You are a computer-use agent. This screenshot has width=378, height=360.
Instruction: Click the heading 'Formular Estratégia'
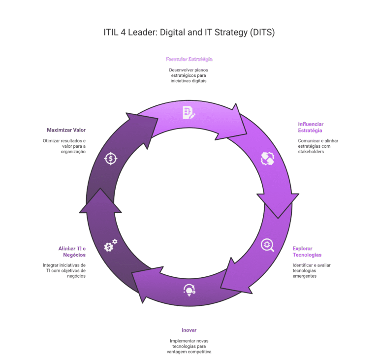pos(189,59)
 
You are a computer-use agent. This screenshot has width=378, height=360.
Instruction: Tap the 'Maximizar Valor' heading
pos(66,130)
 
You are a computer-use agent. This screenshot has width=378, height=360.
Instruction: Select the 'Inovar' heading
pos(189,330)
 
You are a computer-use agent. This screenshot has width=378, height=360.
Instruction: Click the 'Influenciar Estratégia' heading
pos(311,127)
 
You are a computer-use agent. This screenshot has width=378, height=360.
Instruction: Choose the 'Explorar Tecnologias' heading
pos(307,252)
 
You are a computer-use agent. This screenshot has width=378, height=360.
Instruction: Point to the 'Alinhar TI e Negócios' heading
pos(72,252)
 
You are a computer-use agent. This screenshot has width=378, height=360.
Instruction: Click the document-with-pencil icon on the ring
pos(189,112)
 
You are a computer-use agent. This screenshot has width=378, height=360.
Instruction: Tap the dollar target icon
pos(111,159)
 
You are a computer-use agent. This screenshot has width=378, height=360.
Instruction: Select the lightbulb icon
pos(189,290)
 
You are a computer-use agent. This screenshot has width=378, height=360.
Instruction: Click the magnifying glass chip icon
pos(267,245)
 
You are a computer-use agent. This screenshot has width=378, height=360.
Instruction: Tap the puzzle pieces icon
pos(267,159)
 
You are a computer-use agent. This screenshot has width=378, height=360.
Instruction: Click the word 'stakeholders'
pos(311,152)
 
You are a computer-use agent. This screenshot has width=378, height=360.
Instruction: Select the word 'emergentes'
pos(305,276)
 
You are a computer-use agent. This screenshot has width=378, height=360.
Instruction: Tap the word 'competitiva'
pos(199,352)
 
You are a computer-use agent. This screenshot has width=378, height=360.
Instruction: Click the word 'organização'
pos(73,152)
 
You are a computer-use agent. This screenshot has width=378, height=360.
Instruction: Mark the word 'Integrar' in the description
pos(50,265)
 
